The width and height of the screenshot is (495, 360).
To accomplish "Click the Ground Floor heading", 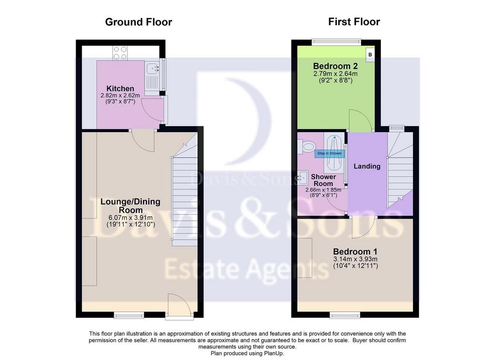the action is tap(139, 22).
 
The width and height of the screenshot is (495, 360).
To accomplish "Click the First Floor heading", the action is tap(354, 21).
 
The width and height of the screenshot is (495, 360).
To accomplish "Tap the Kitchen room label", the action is tap(120, 89).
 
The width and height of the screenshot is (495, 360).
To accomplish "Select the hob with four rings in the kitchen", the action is tap(120, 53).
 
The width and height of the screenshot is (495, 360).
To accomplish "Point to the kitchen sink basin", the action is tap(152, 68).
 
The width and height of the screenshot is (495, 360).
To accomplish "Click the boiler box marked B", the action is tap(370, 54).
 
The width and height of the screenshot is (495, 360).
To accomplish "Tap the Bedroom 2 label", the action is tap(335, 66).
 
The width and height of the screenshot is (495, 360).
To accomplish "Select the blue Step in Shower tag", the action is tap(330, 153).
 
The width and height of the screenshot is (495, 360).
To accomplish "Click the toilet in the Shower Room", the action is tap(306, 147).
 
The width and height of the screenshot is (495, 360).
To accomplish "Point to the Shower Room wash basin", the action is tap(302, 178).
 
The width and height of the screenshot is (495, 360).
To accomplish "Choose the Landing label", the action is tap(367, 166).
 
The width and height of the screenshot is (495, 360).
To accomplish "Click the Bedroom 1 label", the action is tap(355, 252).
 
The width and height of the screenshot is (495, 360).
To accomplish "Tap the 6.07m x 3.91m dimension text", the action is tap(131, 218).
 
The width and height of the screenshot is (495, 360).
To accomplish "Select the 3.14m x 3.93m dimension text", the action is tap(355, 259).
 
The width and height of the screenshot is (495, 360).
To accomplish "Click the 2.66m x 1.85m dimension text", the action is tap(323, 190).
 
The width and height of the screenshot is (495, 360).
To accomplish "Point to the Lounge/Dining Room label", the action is tap(131, 206).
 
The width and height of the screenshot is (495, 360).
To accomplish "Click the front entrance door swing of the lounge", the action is tap(179, 304).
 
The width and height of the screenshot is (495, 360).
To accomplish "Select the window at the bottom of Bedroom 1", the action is tap(345, 315).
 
